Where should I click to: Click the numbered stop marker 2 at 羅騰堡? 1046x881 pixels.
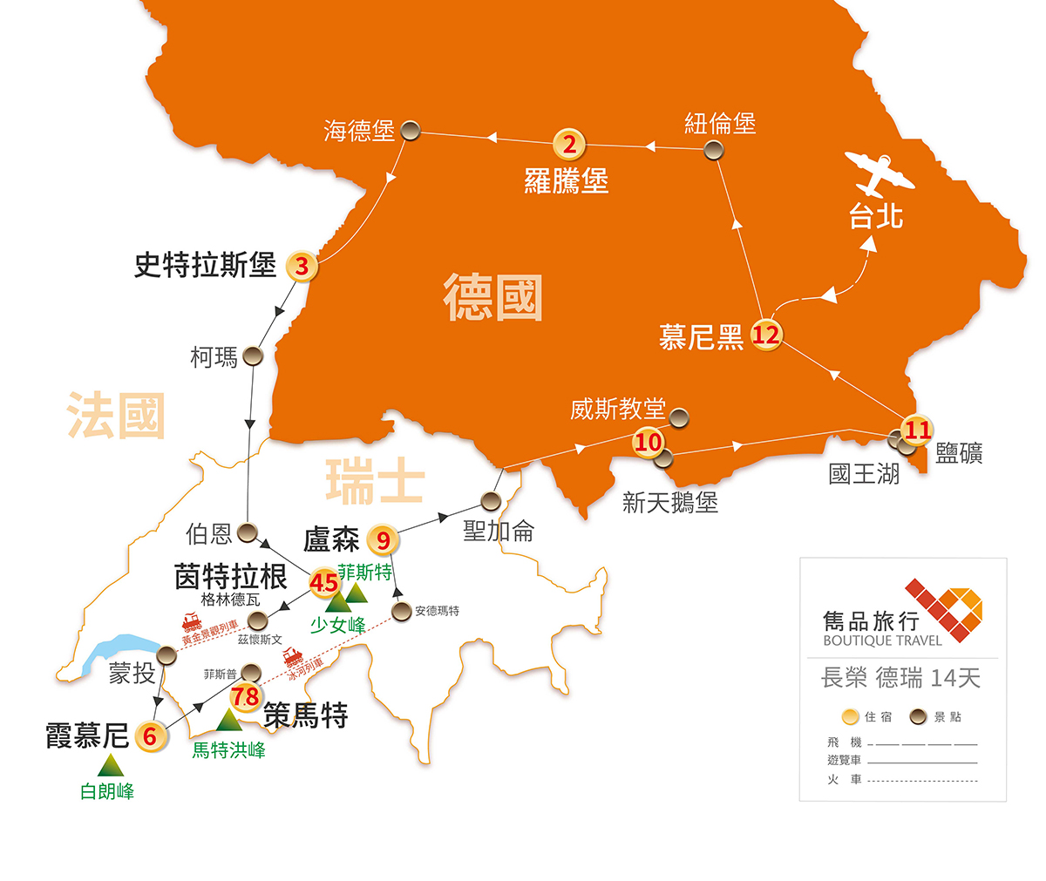569,145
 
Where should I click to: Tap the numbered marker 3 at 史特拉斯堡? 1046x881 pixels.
302,266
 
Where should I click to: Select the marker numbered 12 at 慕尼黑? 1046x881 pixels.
765,334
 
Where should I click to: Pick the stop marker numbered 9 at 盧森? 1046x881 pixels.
383,541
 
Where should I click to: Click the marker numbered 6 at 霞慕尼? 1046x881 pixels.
150,736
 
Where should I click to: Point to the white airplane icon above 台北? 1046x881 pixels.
880,175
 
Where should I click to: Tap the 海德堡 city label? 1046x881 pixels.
359,131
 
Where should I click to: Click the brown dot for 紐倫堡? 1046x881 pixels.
714,150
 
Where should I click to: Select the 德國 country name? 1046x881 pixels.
492,297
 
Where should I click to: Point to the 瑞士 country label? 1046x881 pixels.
375,482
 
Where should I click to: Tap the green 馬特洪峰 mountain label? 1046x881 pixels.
228,749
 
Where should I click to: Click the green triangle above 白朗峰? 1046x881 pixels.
111,766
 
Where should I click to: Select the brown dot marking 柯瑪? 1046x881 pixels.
253,356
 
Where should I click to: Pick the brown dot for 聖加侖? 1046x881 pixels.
491,501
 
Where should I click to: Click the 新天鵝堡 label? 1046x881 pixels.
669,502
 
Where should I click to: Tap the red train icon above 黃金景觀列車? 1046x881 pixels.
192,622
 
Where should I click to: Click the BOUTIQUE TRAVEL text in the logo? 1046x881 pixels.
882,640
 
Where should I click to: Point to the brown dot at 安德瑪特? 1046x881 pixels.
401,611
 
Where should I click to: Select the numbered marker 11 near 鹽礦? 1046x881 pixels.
917,430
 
